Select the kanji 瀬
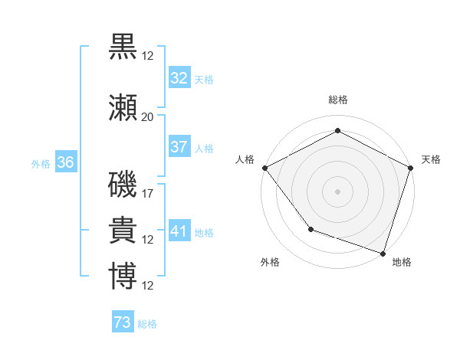tap(123, 110)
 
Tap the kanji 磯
tap(123, 185)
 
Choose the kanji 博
tap(123, 277)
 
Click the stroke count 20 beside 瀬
tap(147, 117)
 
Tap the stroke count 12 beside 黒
tap(148, 56)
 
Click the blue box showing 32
tap(179, 78)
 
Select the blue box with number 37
tap(179, 147)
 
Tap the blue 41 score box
tap(179, 231)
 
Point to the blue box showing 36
tap(65, 162)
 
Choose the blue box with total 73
tap(122, 322)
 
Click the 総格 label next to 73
tap(147, 324)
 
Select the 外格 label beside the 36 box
tap(41, 163)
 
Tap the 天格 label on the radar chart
tap(431, 159)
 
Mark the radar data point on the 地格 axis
tap(383, 253)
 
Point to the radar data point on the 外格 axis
tap(310, 228)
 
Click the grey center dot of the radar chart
tap(337, 191)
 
